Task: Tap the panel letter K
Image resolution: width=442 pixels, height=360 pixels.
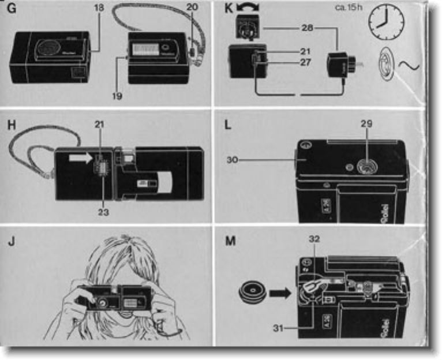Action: click(227, 9)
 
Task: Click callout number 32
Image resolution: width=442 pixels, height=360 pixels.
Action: click(313, 238)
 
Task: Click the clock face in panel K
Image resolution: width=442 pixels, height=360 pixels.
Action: click(386, 23)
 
